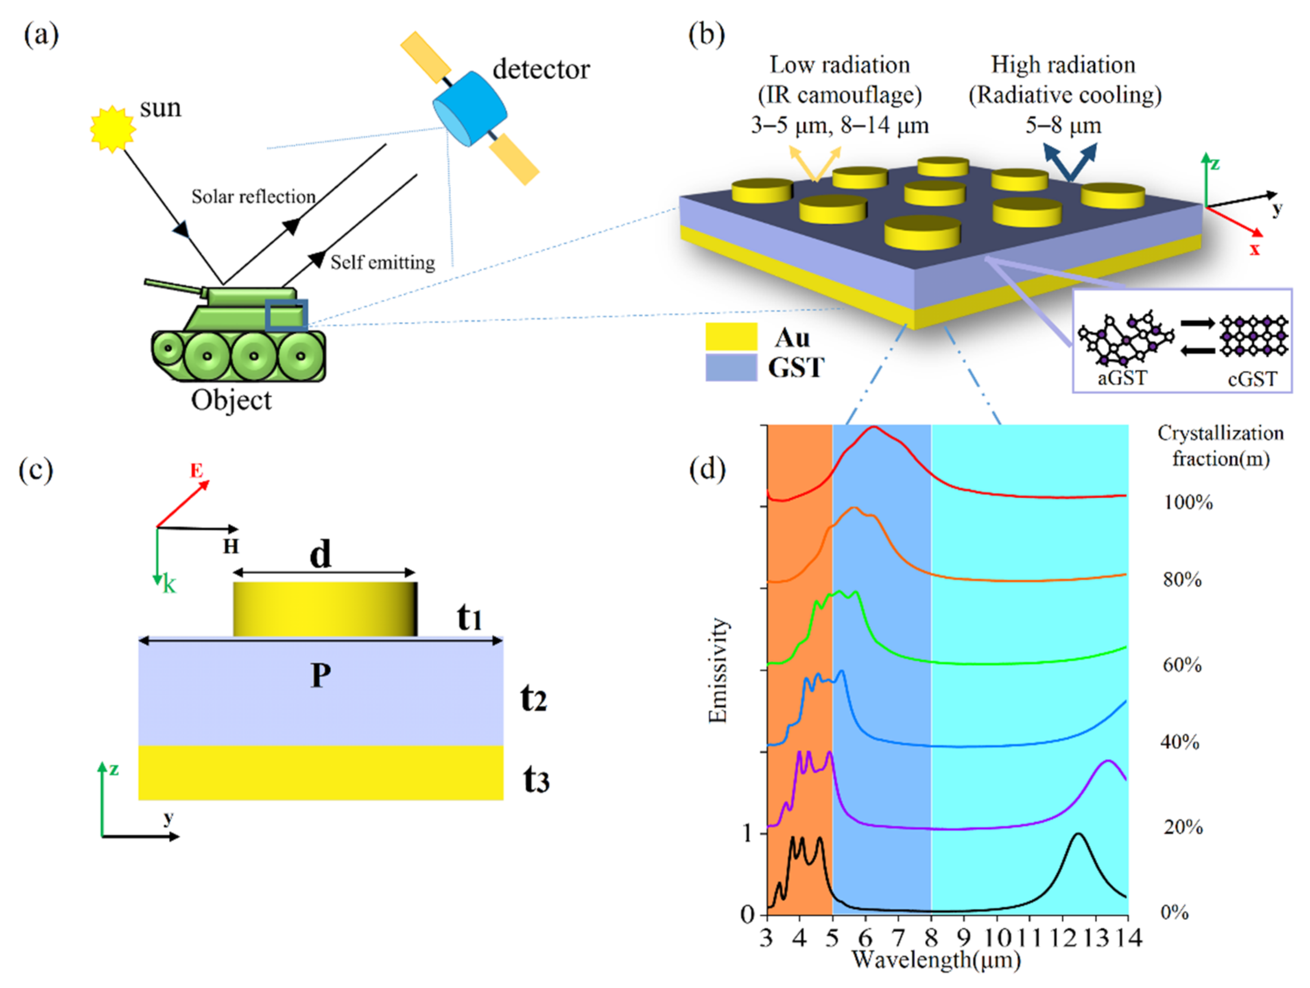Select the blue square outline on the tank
coord(286,314)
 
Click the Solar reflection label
coord(253,197)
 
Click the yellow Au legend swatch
coord(731,337)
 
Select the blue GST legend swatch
coord(731,367)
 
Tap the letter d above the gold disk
coord(321,555)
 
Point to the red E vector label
coord(196,471)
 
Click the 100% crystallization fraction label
coord(1188,502)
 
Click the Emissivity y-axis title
coord(717,670)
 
